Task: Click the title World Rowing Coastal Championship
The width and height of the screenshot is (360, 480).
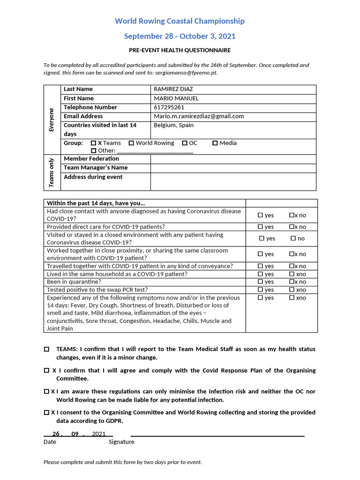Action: click(180, 21)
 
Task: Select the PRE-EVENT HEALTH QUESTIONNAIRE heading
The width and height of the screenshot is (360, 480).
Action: click(180, 50)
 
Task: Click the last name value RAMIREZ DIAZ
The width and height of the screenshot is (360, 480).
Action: click(173, 89)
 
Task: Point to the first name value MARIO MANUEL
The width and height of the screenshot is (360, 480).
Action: click(176, 98)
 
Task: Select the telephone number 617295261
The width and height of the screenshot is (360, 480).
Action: click(169, 107)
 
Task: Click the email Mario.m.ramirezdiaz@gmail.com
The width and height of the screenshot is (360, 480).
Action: click(199, 116)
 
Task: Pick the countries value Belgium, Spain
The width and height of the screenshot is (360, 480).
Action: click(173, 125)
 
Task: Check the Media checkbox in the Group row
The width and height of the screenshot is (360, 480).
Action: click(215, 143)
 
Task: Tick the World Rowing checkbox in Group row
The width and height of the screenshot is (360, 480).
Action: click(131, 143)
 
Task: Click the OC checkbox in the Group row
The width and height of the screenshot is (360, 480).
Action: click(185, 143)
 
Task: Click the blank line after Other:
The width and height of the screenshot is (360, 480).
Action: click(155, 151)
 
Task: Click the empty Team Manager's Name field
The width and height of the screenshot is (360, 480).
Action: click(233, 168)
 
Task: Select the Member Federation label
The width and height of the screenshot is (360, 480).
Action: click(91, 159)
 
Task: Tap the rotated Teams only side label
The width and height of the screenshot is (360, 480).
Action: click(52, 172)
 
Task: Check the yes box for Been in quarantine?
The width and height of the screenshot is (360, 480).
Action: click(261, 282)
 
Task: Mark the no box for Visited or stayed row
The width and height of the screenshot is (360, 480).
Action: click(293, 239)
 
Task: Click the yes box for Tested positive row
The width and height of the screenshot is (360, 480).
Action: click(261, 290)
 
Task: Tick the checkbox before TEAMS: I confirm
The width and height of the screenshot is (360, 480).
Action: click(46, 350)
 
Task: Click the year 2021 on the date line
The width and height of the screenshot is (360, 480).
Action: click(99, 434)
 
